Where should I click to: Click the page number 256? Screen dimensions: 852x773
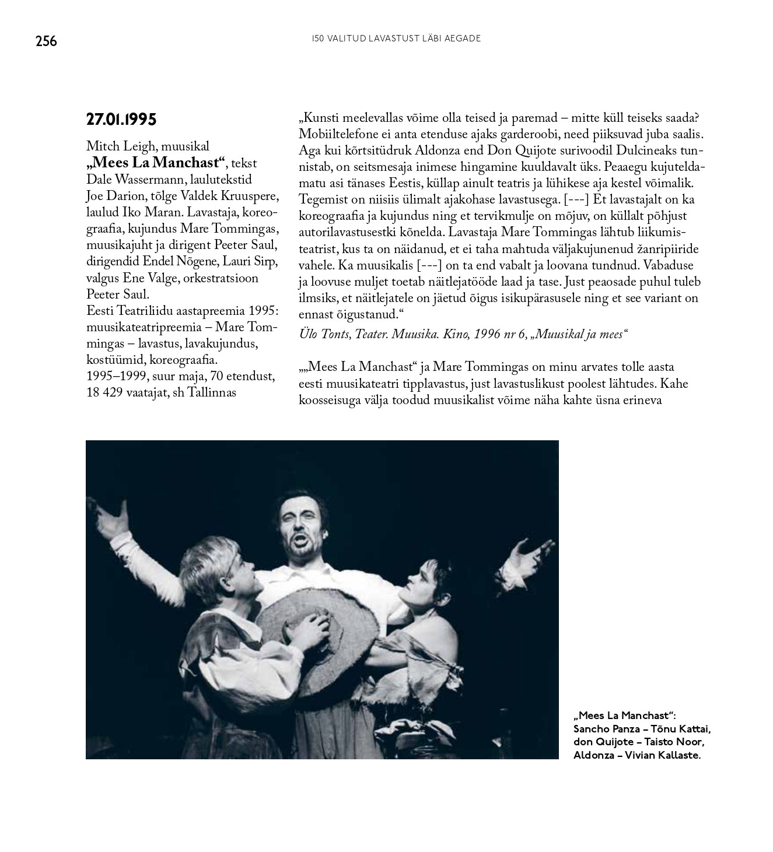click(46, 41)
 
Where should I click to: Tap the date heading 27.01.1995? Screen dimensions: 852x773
click(121, 120)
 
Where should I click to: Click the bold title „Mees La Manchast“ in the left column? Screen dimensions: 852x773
click(156, 163)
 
